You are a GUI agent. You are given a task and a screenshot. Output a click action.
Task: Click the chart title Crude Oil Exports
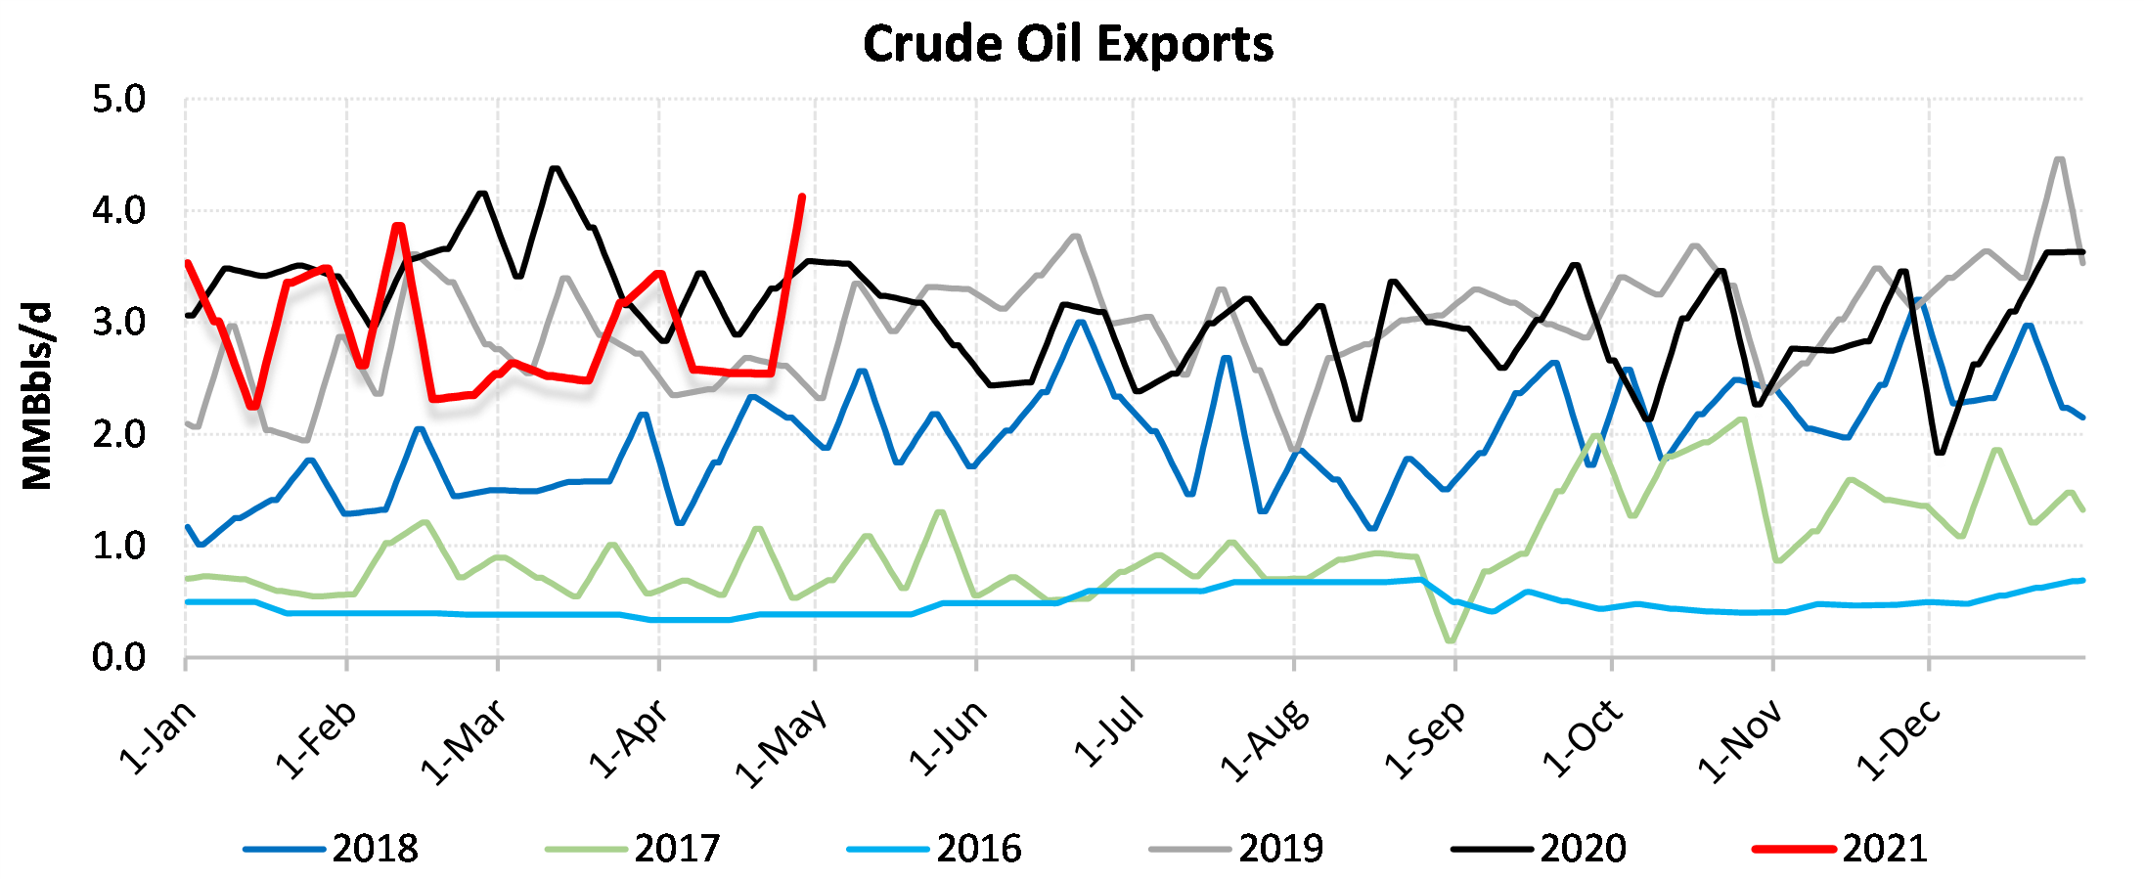coord(1068,45)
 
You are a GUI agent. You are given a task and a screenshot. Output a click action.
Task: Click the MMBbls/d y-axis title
coord(36,396)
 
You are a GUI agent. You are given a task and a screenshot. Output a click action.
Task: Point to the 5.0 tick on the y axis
coord(118,100)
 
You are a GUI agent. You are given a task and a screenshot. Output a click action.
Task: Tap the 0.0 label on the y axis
coord(118,658)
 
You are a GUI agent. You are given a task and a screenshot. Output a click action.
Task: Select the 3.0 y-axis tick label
coord(118,323)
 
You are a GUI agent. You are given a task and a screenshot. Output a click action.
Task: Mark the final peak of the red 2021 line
coord(802,198)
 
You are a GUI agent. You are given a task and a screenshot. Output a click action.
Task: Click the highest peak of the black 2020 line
coord(556,168)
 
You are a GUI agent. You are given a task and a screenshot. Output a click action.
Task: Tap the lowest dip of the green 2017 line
coord(1450,641)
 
